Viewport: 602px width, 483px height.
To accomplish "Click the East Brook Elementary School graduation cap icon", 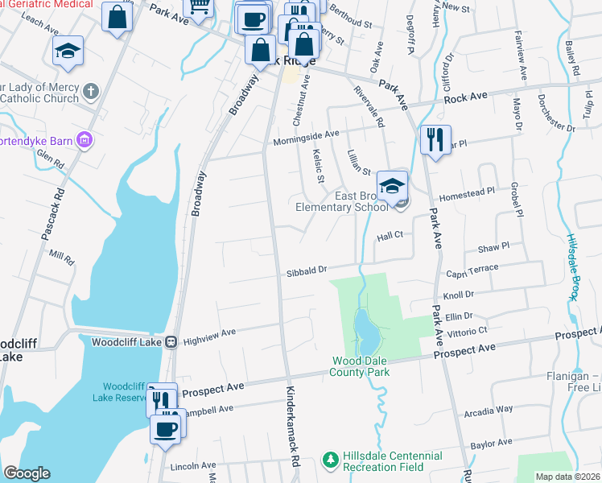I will (392, 186).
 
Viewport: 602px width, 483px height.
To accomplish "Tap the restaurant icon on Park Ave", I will (435, 139).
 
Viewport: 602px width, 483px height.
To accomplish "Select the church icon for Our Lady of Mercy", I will (89, 91).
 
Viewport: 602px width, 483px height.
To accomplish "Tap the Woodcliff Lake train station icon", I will (171, 342).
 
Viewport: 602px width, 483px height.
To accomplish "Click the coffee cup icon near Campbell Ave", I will (167, 428).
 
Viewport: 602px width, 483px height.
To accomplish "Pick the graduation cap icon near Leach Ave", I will (68, 52).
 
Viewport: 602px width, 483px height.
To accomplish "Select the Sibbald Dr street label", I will (307, 273).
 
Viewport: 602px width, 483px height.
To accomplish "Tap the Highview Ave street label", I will (209, 332).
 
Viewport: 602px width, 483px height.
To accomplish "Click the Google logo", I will (27, 473).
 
